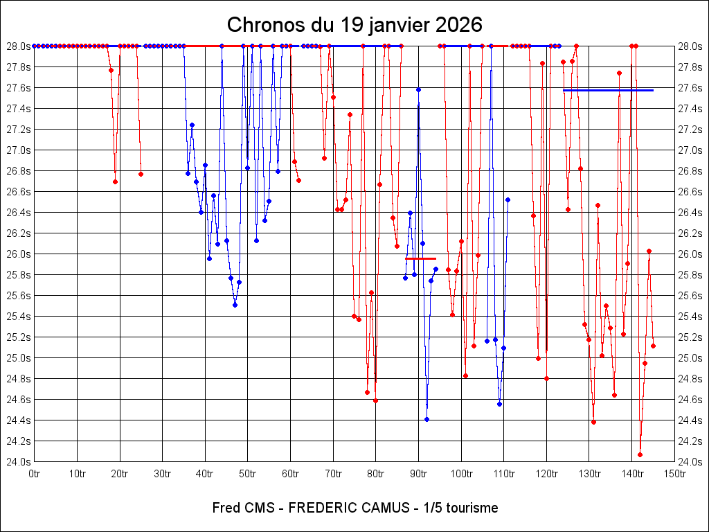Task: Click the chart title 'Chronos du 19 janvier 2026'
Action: point(354,25)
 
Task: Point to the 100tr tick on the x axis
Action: point(461,474)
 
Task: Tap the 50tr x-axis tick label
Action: point(248,474)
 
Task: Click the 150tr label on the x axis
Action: point(674,474)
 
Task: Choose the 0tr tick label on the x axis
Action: point(35,474)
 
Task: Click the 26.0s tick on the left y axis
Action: point(19,254)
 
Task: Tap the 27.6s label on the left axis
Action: point(19,88)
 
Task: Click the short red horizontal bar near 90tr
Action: point(420,258)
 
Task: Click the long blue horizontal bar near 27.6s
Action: point(608,90)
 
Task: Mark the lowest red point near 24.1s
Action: point(640,454)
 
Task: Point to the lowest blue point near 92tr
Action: point(427,419)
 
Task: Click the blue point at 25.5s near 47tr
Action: point(235,305)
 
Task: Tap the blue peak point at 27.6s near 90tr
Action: point(418,89)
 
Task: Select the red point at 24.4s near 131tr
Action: point(593,422)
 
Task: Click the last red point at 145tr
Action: point(653,346)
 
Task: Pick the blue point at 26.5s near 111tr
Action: point(508,199)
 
